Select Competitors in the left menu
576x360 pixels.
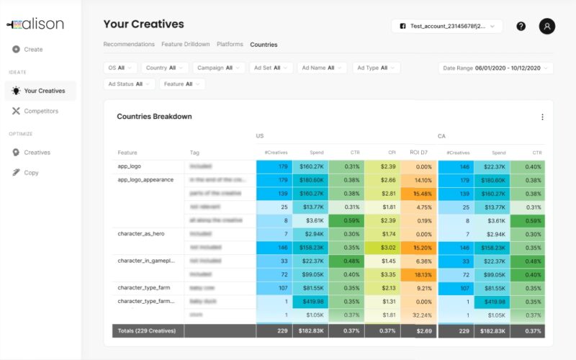click(40, 111)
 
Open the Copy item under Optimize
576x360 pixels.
click(31, 173)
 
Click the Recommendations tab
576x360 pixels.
click(129, 45)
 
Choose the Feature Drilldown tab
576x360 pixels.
click(186, 45)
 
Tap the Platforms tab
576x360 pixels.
click(230, 45)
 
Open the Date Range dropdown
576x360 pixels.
click(495, 68)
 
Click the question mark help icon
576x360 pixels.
click(521, 26)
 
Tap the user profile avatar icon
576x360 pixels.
click(547, 26)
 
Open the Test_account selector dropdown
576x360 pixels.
click(446, 26)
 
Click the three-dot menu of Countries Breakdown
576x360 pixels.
click(542, 117)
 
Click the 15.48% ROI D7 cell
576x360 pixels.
click(418, 194)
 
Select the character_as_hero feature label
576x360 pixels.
click(142, 234)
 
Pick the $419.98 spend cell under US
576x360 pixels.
click(310, 302)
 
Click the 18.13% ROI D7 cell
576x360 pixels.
click(418, 274)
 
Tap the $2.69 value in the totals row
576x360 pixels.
click(419, 330)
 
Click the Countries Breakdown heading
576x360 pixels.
click(154, 117)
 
